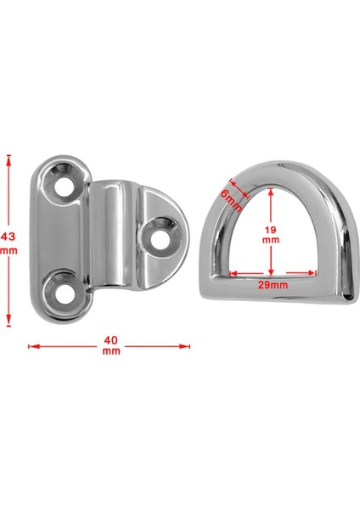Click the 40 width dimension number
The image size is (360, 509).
click(110, 340)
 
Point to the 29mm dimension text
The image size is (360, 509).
click(272, 285)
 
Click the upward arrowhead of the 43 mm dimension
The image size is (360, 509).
click(10, 158)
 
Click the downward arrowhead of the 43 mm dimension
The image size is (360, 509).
click(10, 322)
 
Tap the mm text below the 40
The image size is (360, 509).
click(110, 351)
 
